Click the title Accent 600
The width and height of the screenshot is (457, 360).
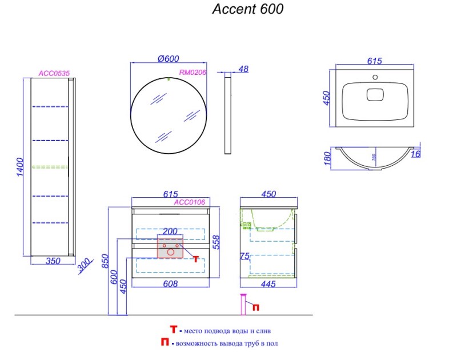click(248, 9)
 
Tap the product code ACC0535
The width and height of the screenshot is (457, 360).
click(54, 73)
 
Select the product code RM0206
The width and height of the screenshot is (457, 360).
click(192, 73)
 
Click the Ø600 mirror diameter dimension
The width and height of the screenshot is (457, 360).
click(169, 58)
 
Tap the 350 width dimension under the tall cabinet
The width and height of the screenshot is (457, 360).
click(53, 261)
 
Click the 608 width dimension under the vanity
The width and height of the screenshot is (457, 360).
click(171, 283)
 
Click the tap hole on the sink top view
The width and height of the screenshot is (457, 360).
click(375, 77)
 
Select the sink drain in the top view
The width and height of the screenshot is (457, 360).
click(375, 94)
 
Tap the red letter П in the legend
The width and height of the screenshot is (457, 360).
click(166, 343)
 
